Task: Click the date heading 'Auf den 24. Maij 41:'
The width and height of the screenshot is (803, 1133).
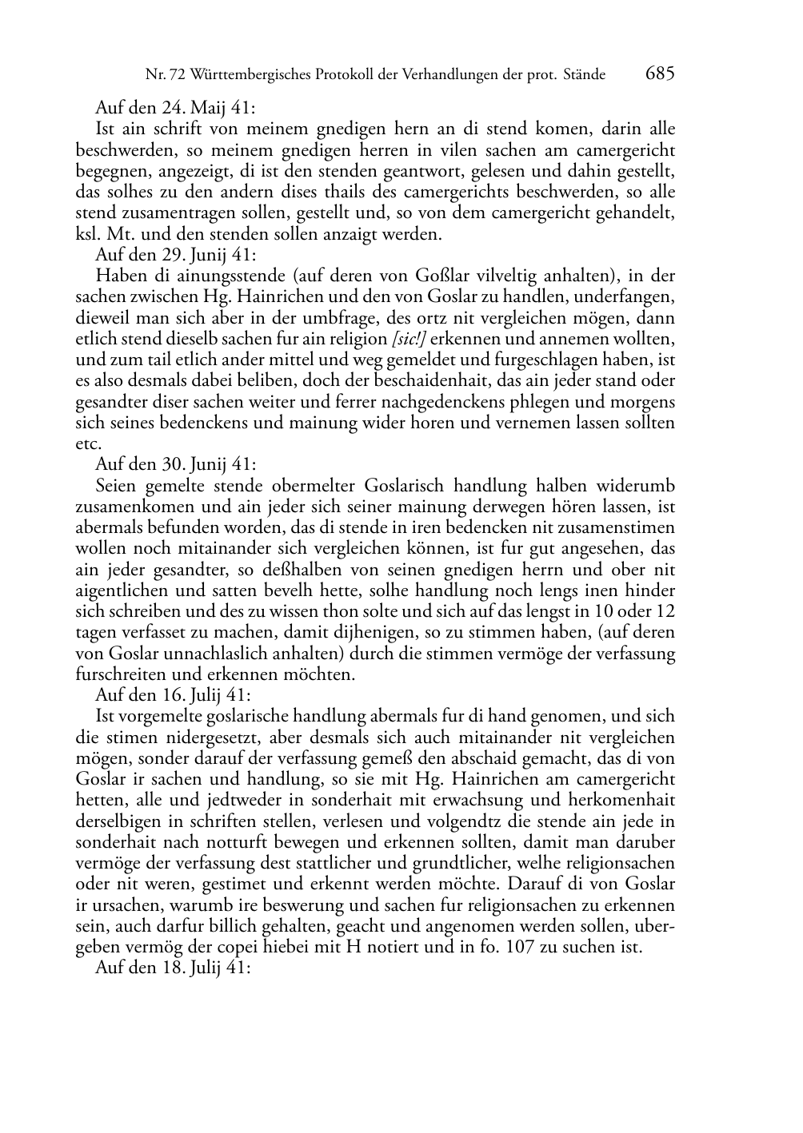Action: [175, 108]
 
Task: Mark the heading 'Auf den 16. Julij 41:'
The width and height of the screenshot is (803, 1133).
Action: [174, 695]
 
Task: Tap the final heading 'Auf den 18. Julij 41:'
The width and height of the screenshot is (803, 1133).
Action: [174, 968]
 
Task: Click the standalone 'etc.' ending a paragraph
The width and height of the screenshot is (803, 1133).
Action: [88, 444]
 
